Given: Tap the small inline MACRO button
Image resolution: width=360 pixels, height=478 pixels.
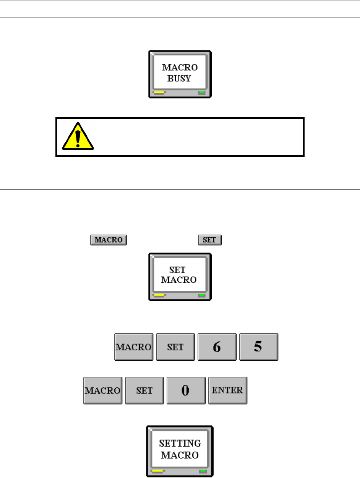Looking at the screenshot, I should pyautogui.click(x=108, y=240).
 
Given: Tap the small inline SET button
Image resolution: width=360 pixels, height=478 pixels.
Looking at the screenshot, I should pyautogui.click(x=210, y=240).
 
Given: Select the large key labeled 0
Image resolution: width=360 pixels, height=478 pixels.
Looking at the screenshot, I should pyautogui.click(x=185, y=391).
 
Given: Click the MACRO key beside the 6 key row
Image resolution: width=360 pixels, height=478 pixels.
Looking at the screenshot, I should pyautogui.click(x=134, y=347).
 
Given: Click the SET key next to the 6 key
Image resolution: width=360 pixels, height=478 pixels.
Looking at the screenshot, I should pyautogui.click(x=175, y=347).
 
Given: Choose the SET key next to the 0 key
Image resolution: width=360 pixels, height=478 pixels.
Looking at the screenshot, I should pyautogui.click(x=144, y=391).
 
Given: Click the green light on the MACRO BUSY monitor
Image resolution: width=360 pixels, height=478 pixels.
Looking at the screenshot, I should pyautogui.click(x=201, y=93).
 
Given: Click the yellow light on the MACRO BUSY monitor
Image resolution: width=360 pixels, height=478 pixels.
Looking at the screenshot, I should pyautogui.click(x=159, y=93).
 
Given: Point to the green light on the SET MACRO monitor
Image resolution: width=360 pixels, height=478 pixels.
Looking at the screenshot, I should pyautogui.click(x=201, y=295).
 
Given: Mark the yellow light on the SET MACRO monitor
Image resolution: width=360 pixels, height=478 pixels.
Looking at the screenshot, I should pyautogui.click(x=159, y=295).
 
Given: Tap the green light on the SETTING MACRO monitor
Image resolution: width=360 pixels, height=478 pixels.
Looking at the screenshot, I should pyautogui.click(x=203, y=471).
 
